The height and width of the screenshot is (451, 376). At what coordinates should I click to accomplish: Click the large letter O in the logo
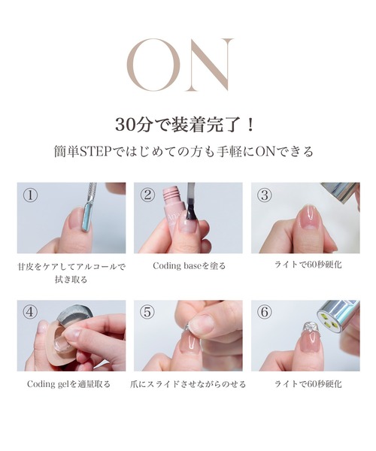point(153,65)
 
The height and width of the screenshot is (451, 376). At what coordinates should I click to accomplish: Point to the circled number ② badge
point(148,195)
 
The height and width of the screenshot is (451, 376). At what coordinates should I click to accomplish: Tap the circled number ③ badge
point(264,195)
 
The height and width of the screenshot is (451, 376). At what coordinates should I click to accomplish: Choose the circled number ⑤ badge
point(148,313)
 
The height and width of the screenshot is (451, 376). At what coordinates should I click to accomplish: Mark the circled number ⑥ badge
point(264,313)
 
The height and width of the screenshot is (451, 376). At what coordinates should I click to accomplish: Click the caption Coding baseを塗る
point(189,265)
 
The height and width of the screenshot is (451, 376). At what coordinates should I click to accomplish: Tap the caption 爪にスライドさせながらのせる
point(188,383)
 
